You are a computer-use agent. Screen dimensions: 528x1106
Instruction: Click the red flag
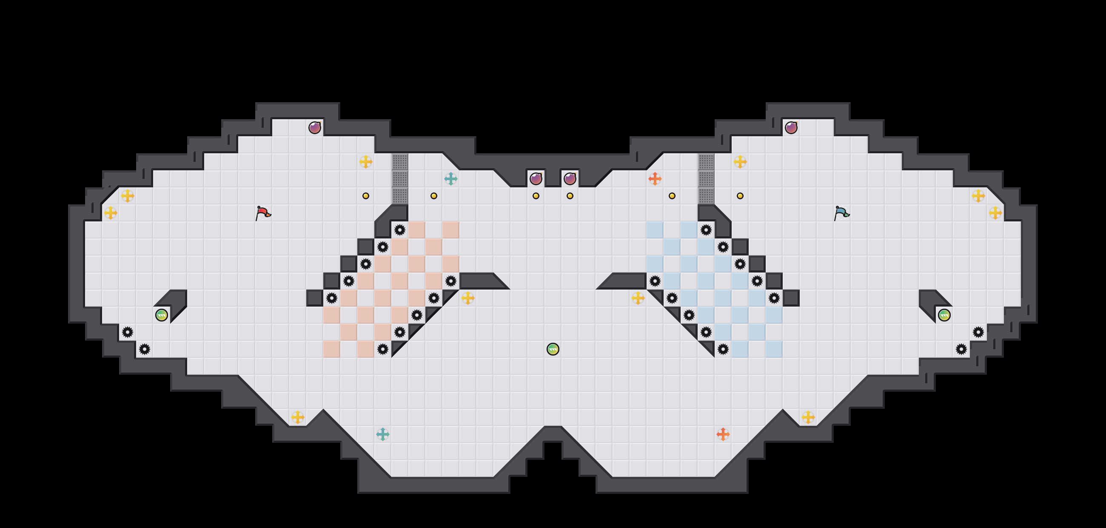point(263,212)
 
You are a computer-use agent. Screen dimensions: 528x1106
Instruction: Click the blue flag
point(841,212)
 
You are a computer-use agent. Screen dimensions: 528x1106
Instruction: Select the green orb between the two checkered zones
point(553,349)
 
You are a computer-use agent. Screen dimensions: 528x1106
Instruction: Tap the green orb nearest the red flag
point(162,315)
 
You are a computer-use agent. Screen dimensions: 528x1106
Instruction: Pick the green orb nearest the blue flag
point(944,315)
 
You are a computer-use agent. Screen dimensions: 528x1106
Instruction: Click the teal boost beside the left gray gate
point(450,178)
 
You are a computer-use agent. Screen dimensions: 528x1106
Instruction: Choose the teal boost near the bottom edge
point(382,434)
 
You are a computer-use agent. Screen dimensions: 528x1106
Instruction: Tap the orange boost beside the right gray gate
point(655,178)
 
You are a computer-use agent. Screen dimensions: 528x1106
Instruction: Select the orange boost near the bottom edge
point(723,434)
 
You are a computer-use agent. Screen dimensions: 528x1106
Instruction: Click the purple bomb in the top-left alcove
point(315,128)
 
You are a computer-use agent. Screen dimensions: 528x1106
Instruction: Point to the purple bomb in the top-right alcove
point(791,128)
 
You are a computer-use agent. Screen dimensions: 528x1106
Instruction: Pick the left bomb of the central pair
point(536,178)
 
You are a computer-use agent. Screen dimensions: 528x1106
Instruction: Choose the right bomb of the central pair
point(570,178)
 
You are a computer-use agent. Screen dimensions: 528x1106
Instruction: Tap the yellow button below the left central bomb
point(536,196)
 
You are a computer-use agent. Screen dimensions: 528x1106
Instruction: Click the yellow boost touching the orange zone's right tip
point(467,298)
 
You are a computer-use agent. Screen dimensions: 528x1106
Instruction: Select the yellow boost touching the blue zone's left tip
point(638,298)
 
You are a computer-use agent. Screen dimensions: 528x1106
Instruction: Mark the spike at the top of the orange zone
point(400,230)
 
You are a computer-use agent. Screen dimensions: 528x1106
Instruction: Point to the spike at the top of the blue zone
point(706,230)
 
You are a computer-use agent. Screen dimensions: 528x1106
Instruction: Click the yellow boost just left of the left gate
point(365,161)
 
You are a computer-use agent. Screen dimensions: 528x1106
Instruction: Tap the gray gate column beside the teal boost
point(400,178)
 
